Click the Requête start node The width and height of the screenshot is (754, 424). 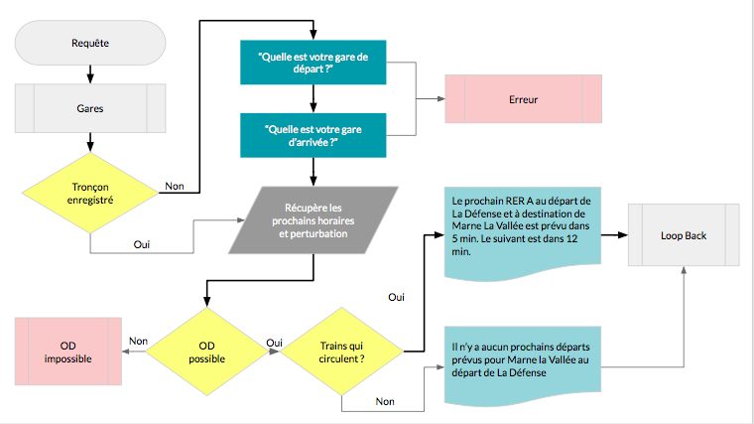(x=90, y=43)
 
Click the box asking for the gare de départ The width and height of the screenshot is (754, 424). (x=313, y=64)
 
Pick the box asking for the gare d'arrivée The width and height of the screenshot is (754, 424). (x=313, y=135)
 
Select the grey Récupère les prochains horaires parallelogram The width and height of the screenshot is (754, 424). (x=314, y=217)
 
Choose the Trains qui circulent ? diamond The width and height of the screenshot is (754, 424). (x=343, y=351)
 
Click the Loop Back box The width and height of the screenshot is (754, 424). (x=686, y=236)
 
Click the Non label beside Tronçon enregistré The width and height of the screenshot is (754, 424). (x=174, y=185)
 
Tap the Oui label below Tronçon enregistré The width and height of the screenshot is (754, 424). (x=143, y=242)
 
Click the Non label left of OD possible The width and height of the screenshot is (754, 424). (x=138, y=341)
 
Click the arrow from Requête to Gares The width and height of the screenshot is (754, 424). (x=90, y=73)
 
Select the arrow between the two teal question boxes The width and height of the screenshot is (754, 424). (x=313, y=99)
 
